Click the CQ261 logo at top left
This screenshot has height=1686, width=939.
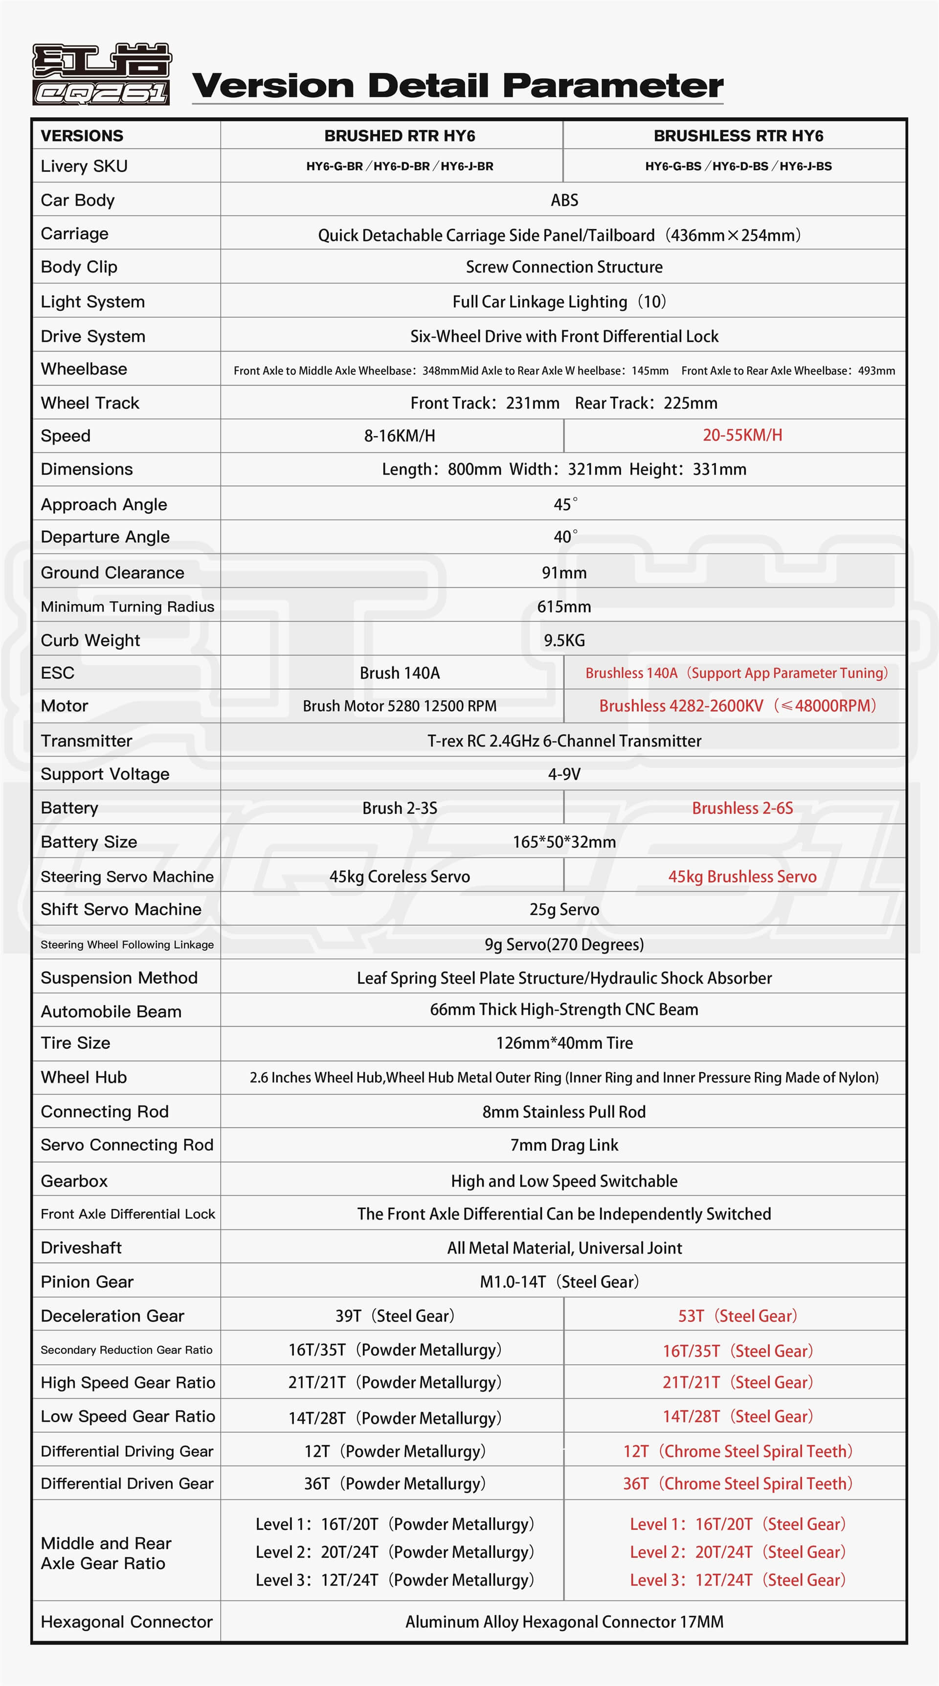tap(101, 74)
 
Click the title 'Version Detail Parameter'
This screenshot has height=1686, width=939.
tap(457, 86)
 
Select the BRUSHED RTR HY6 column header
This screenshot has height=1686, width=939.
tap(399, 136)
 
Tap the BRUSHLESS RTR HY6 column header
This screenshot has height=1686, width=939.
tap(738, 136)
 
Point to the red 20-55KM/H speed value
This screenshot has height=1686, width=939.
tap(742, 435)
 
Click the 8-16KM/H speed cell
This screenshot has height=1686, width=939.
tap(399, 436)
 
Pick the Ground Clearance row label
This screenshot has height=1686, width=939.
tap(112, 573)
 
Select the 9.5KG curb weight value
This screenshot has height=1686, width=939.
tap(564, 640)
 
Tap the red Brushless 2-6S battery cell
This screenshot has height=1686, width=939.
tap(742, 809)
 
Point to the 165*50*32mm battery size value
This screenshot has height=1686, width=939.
tap(564, 842)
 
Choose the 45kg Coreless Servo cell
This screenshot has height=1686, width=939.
tap(399, 877)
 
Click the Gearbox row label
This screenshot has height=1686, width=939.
tap(74, 1181)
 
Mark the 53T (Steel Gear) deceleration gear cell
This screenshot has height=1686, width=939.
tap(738, 1316)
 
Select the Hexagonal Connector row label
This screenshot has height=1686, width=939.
tap(126, 1622)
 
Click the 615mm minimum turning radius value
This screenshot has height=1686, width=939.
tap(564, 607)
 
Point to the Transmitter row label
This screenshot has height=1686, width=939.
tap(87, 741)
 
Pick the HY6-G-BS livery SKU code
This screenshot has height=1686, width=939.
tap(672, 166)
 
